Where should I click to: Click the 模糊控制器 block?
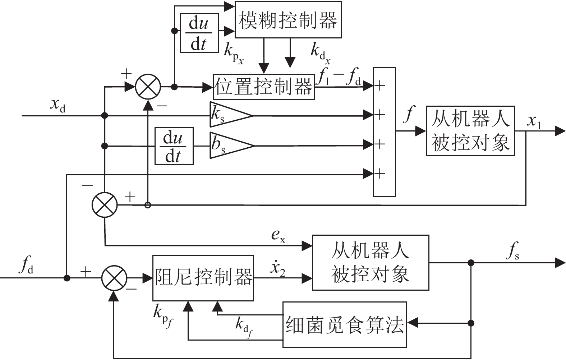[288, 19]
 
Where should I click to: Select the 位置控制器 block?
[264, 87]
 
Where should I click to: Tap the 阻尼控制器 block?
[203, 278]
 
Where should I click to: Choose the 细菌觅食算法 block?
[345, 324]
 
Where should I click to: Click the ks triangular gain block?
[230, 115]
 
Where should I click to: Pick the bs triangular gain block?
[231, 145]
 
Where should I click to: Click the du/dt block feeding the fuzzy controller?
[199, 33]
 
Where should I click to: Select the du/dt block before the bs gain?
[174, 146]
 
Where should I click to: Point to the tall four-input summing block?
[384, 132]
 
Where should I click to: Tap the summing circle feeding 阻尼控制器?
[114, 278]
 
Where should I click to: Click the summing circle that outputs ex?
[105, 205]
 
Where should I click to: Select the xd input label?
[57, 105]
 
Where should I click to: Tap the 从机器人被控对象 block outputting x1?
[470, 130]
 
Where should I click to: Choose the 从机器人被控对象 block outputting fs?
[371, 262]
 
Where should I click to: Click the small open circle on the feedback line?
[148, 205]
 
